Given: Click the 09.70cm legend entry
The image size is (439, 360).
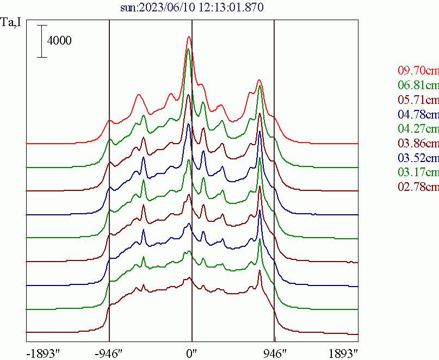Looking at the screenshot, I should point(418,71).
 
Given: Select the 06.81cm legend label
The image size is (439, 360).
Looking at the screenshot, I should point(418,85).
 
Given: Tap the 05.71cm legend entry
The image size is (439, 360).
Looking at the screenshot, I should point(418,100).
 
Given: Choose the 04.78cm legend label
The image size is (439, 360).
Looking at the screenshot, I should point(418,115).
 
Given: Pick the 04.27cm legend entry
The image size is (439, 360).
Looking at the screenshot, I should point(418,129).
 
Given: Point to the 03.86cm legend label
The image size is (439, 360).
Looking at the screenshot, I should point(418,144).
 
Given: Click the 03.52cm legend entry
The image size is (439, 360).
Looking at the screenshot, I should point(418,158).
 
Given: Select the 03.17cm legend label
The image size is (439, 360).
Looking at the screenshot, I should point(418,173).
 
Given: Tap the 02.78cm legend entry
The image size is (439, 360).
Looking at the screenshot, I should point(418,188).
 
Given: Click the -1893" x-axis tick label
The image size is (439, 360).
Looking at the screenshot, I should point(42,352).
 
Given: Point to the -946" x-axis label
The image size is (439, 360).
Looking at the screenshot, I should point(109,352).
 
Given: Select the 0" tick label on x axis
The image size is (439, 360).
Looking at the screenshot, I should point(191,352).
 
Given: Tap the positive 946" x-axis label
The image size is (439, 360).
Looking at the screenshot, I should point(274,352).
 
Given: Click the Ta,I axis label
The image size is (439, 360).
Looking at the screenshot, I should point(12,23).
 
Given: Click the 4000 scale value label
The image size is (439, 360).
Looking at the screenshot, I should point(59,41).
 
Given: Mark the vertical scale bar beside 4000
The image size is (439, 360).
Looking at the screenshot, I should point(41,41).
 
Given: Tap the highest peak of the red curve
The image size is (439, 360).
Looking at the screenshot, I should point(189,37).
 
